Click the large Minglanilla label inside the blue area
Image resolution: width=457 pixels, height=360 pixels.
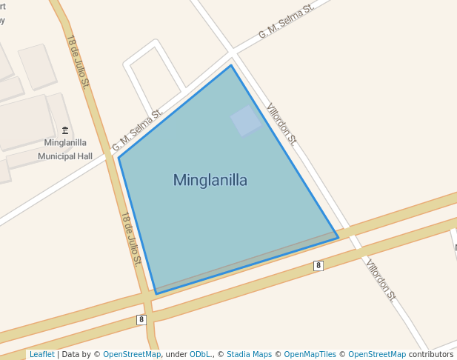click(x=210, y=180)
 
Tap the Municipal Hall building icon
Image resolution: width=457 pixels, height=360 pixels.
click(x=65, y=130)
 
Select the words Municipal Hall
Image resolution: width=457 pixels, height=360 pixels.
click(x=65, y=156)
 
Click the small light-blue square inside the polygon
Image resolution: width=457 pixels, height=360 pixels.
click(x=246, y=121)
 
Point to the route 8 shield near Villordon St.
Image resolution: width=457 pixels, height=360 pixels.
click(x=318, y=265)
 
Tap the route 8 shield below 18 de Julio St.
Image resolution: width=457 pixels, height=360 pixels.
click(x=141, y=319)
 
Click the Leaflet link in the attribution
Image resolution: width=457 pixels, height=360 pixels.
click(x=41, y=354)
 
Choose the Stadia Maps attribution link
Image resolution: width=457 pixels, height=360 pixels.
click(x=249, y=354)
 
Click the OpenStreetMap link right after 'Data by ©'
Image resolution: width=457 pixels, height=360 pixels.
click(x=132, y=354)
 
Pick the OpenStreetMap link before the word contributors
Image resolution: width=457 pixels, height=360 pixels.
click(x=377, y=354)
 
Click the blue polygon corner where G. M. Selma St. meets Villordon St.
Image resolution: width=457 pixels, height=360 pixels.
click(x=231, y=65)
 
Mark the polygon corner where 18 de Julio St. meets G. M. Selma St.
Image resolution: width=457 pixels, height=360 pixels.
click(x=119, y=157)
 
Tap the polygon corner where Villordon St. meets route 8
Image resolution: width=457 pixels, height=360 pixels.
click(x=338, y=238)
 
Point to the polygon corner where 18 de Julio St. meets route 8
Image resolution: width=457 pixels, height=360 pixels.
click(x=156, y=293)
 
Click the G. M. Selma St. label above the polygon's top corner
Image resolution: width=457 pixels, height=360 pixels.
click(x=286, y=21)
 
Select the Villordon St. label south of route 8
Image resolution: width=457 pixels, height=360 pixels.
click(x=380, y=280)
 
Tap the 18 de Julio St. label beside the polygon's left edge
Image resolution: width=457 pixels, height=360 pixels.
click(x=130, y=239)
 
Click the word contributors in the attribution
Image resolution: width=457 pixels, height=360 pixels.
click(x=430, y=354)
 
